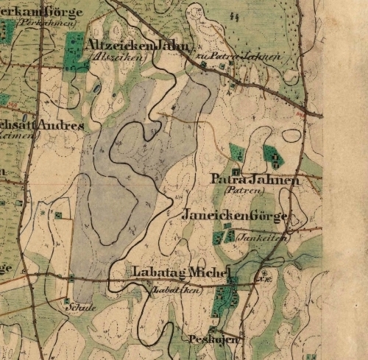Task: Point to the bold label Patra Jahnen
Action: [x=254, y=180]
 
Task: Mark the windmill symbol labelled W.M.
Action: [x=263, y=279]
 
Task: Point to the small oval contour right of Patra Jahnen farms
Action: [x=291, y=136]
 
